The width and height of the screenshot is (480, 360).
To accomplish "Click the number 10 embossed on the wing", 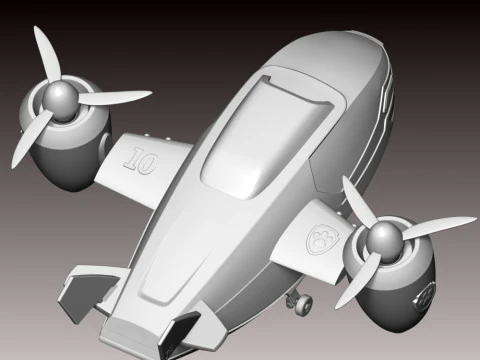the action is tap(140, 161).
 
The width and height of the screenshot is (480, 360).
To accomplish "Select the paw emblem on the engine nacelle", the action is tap(424, 295).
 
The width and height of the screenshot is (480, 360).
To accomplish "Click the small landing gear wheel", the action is tap(303, 303).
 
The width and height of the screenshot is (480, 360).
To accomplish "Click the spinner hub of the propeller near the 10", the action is tap(60, 97).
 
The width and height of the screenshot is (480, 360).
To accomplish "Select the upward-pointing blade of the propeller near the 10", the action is tap(47, 53).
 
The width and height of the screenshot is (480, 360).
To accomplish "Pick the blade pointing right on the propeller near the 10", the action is tap(113, 97).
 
